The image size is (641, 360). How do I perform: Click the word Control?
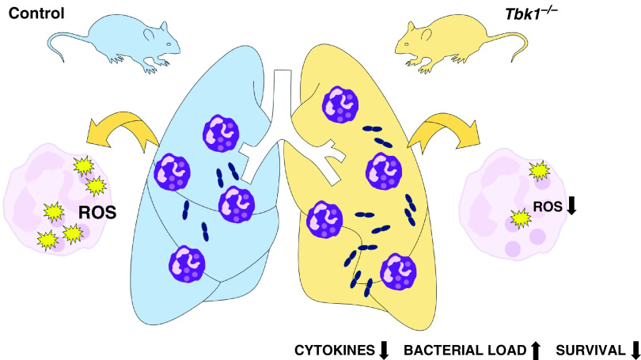click(37, 13)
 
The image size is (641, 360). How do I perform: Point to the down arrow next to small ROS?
click(573, 207)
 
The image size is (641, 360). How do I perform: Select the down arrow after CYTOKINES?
click(384, 349)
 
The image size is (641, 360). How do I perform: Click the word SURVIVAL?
click(590, 349)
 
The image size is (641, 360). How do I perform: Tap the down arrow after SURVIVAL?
click(635, 349)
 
